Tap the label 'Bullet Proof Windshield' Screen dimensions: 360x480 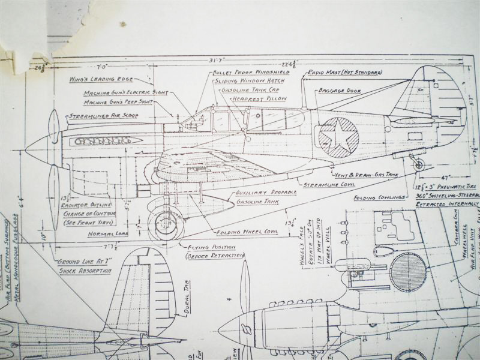251,72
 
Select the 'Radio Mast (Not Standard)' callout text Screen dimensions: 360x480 344,72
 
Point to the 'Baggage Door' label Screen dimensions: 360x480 340,90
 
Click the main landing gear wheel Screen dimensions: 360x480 165,223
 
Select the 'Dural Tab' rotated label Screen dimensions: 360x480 185,307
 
